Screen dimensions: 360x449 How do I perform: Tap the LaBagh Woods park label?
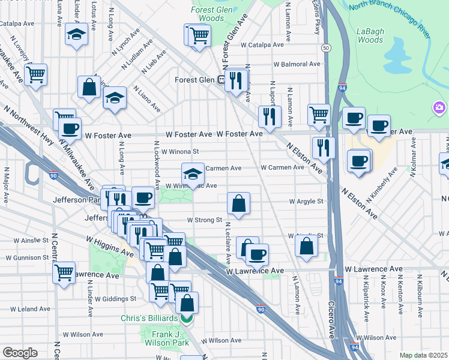pos(370,35)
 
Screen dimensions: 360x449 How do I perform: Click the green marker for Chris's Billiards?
pos(187,319)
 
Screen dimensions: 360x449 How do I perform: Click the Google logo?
pos(20,353)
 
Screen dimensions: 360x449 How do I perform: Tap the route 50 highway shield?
pos(325,47)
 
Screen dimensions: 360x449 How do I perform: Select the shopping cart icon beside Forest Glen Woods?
pos(199,35)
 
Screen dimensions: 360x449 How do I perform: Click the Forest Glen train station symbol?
pos(221,79)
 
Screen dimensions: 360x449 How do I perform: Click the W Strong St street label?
pos(204,220)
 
